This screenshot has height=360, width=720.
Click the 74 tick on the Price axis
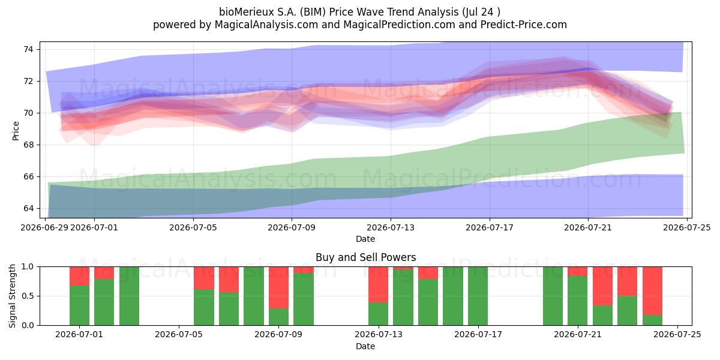28,49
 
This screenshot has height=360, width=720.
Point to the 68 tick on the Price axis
28,145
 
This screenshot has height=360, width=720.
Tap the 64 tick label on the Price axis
28,208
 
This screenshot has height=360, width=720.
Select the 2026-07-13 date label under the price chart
391,227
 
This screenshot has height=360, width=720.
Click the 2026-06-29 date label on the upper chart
44,227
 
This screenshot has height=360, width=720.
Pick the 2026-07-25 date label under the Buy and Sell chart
677,335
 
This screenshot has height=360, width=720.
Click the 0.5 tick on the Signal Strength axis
28,296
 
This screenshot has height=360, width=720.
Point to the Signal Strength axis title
12,296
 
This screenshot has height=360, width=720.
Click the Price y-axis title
16,131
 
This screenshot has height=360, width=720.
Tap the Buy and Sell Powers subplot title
366,257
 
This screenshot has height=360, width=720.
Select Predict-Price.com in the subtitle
524,25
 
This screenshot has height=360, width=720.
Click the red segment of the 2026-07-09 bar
278,287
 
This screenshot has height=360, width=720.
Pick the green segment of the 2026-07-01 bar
79,305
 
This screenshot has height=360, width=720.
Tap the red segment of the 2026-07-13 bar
379,284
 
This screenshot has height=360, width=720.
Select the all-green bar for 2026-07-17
478,296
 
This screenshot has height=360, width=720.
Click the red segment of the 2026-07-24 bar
653,291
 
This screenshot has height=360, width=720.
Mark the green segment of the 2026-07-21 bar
578,301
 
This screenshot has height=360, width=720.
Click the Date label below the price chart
365,239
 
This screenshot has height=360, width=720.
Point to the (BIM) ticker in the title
313,12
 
